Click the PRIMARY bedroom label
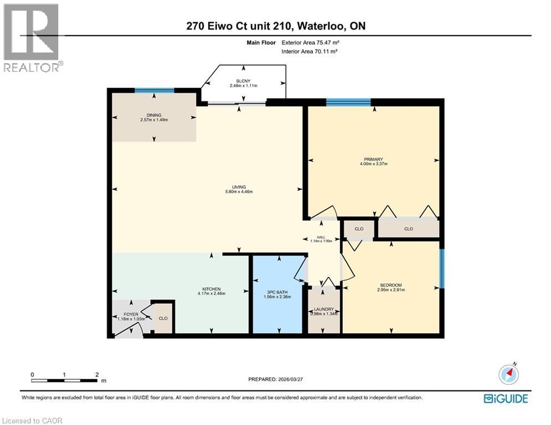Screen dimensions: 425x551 coord(373,159)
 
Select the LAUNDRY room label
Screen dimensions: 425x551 coord(323,309)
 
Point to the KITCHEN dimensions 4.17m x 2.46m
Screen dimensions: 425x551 coord(211,294)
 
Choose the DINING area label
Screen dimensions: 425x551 coord(154,115)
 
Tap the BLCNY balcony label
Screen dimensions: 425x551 coord(244,81)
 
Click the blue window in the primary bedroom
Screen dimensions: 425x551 coord(348,102)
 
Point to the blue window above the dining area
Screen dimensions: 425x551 coord(155,90)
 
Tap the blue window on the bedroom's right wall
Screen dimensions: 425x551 coord(441,269)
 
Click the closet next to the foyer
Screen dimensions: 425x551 coord(163,319)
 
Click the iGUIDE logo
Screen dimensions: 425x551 coord(505,398)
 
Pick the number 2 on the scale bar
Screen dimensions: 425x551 coord(96,375)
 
